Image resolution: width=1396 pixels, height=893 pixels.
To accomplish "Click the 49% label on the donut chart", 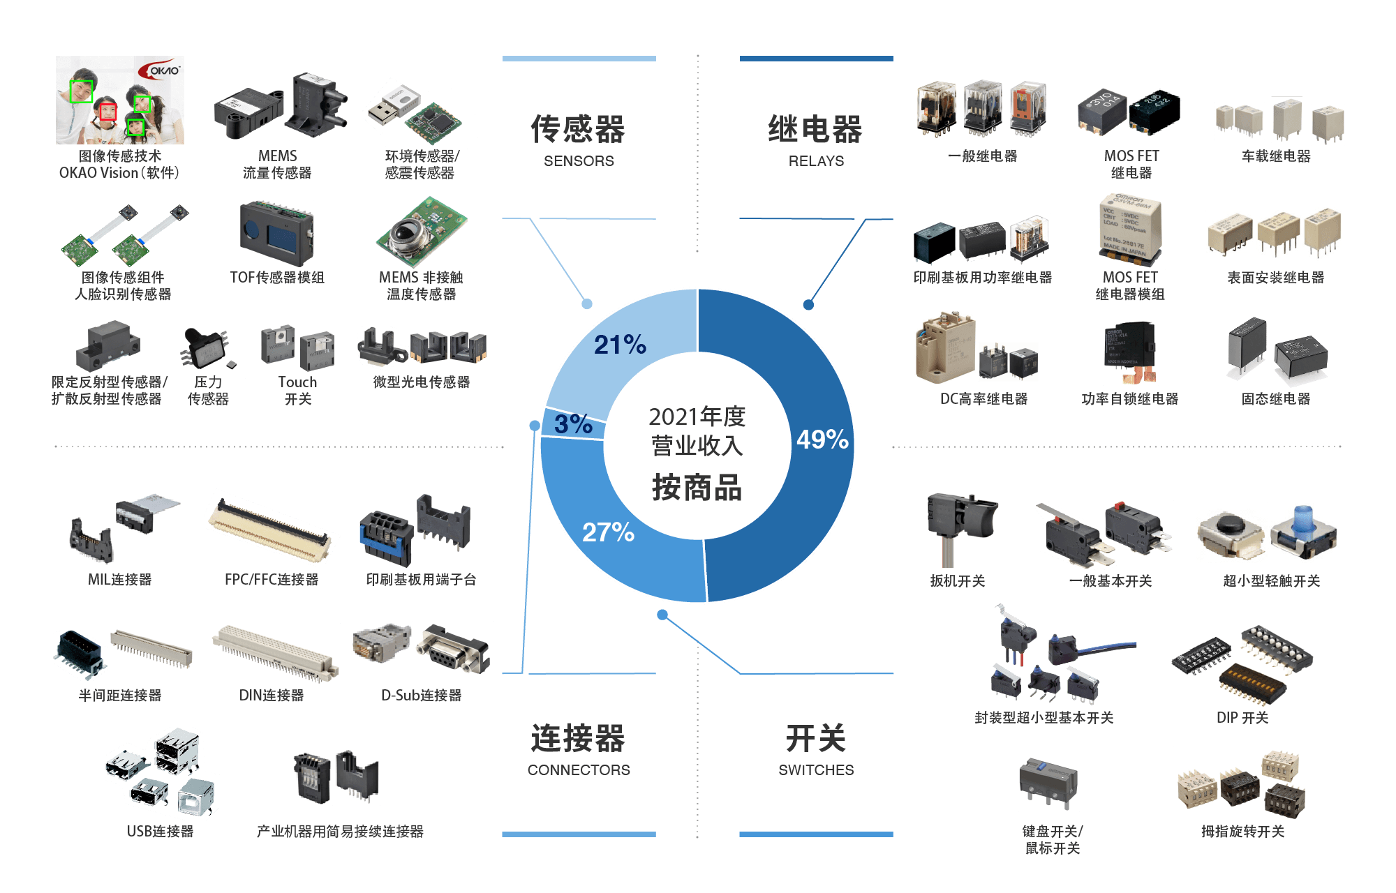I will (x=822, y=440).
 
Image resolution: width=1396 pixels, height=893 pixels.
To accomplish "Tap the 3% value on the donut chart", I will (x=573, y=423).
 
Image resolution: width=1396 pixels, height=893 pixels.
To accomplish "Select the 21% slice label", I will (x=620, y=345).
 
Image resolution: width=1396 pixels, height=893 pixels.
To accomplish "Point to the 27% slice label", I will (x=608, y=532).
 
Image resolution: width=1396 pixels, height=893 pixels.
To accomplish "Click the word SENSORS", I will (x=579, y=161).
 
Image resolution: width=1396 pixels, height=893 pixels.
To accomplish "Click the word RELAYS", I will (x=816, y=161).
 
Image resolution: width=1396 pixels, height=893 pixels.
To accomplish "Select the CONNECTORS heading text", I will (x=579, y=770).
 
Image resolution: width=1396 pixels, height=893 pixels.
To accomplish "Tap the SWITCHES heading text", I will (x=816, y=770).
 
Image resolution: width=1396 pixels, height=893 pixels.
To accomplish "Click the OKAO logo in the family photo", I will (x=159, y=70).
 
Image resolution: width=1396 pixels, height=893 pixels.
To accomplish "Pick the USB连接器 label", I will (x=160, y=832).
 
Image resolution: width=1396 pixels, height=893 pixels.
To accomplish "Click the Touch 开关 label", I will (x=297, y=391).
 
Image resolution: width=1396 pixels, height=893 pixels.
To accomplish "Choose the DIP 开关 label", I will (x=1242, y=718).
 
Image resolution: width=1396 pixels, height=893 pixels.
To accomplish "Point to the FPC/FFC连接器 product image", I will (x=272, y=527).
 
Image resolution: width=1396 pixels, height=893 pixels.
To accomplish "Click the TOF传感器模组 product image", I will (x=277, y=234).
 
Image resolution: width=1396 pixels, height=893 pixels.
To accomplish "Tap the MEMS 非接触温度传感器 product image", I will (x=422, y=232).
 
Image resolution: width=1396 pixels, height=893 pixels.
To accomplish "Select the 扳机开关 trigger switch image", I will (x=963, y=528).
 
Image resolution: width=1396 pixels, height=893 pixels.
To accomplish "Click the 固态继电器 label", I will (x=1275, y=399).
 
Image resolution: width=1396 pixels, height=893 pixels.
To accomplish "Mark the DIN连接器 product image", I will (x=275, y=654).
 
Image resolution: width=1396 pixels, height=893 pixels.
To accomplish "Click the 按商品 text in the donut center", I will (x=697, y=488).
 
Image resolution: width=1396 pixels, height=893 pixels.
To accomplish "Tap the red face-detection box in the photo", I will (x=107, y=112).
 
